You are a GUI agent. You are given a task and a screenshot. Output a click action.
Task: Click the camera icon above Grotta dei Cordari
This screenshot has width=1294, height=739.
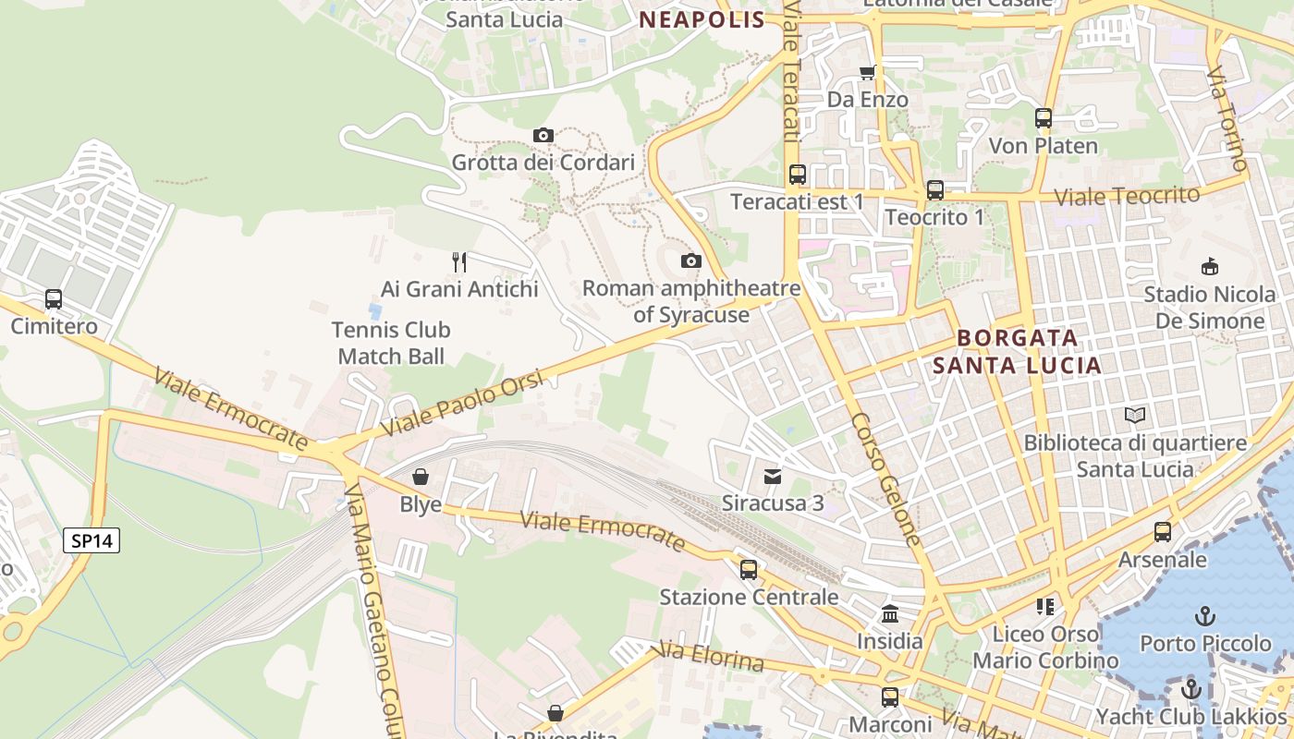tap(543, 136)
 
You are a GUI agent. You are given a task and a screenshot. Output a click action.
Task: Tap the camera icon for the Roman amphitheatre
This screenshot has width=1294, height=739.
tap(690, 261)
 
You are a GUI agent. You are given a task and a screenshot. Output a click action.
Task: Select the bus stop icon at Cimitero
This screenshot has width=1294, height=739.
tap(54, 299)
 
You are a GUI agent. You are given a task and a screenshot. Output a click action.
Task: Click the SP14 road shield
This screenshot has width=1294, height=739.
tap(92, 540)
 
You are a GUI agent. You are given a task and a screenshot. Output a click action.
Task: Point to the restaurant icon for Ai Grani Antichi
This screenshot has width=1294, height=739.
tap(459, 262)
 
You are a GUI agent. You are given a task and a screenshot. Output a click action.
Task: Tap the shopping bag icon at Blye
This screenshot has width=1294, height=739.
tap(421, 477)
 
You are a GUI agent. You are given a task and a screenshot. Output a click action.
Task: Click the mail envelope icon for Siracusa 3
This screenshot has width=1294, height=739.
tap(772, 477)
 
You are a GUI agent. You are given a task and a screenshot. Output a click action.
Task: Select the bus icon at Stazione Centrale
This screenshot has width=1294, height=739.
tap(749, 569)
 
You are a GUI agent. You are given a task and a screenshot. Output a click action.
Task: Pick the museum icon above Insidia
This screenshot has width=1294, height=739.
tap(890, 613)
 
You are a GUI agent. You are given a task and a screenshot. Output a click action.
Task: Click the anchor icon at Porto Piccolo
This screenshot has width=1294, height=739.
tap(1204, 615)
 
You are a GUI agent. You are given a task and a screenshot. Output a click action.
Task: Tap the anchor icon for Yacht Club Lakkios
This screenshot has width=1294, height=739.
tap(1191, 689)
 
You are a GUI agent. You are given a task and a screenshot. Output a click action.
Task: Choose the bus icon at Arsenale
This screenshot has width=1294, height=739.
tap(1163, 532)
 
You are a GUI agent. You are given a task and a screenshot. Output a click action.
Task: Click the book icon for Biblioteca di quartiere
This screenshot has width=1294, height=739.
tap(1135, 416)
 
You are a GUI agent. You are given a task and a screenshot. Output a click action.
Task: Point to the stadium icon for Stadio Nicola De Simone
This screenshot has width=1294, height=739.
tap(1209, 267)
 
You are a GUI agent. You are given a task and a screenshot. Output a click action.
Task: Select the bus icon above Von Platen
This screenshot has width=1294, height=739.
tap(1044, 118)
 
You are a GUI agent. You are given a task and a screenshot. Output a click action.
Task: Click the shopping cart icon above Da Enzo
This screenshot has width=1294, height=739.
tap(867, 72)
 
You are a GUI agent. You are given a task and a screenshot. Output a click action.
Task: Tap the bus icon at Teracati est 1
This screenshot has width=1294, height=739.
tap(797, 174)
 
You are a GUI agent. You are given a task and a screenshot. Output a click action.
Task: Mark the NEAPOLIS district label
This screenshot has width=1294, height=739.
tap(702, 19)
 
